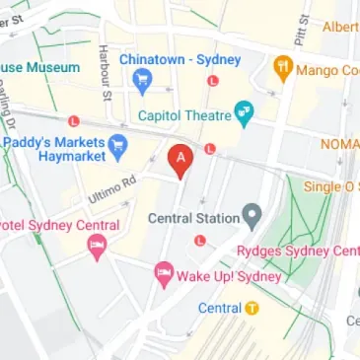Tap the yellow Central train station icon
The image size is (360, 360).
[252, 307]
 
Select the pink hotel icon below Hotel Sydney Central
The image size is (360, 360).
[96, 247]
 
